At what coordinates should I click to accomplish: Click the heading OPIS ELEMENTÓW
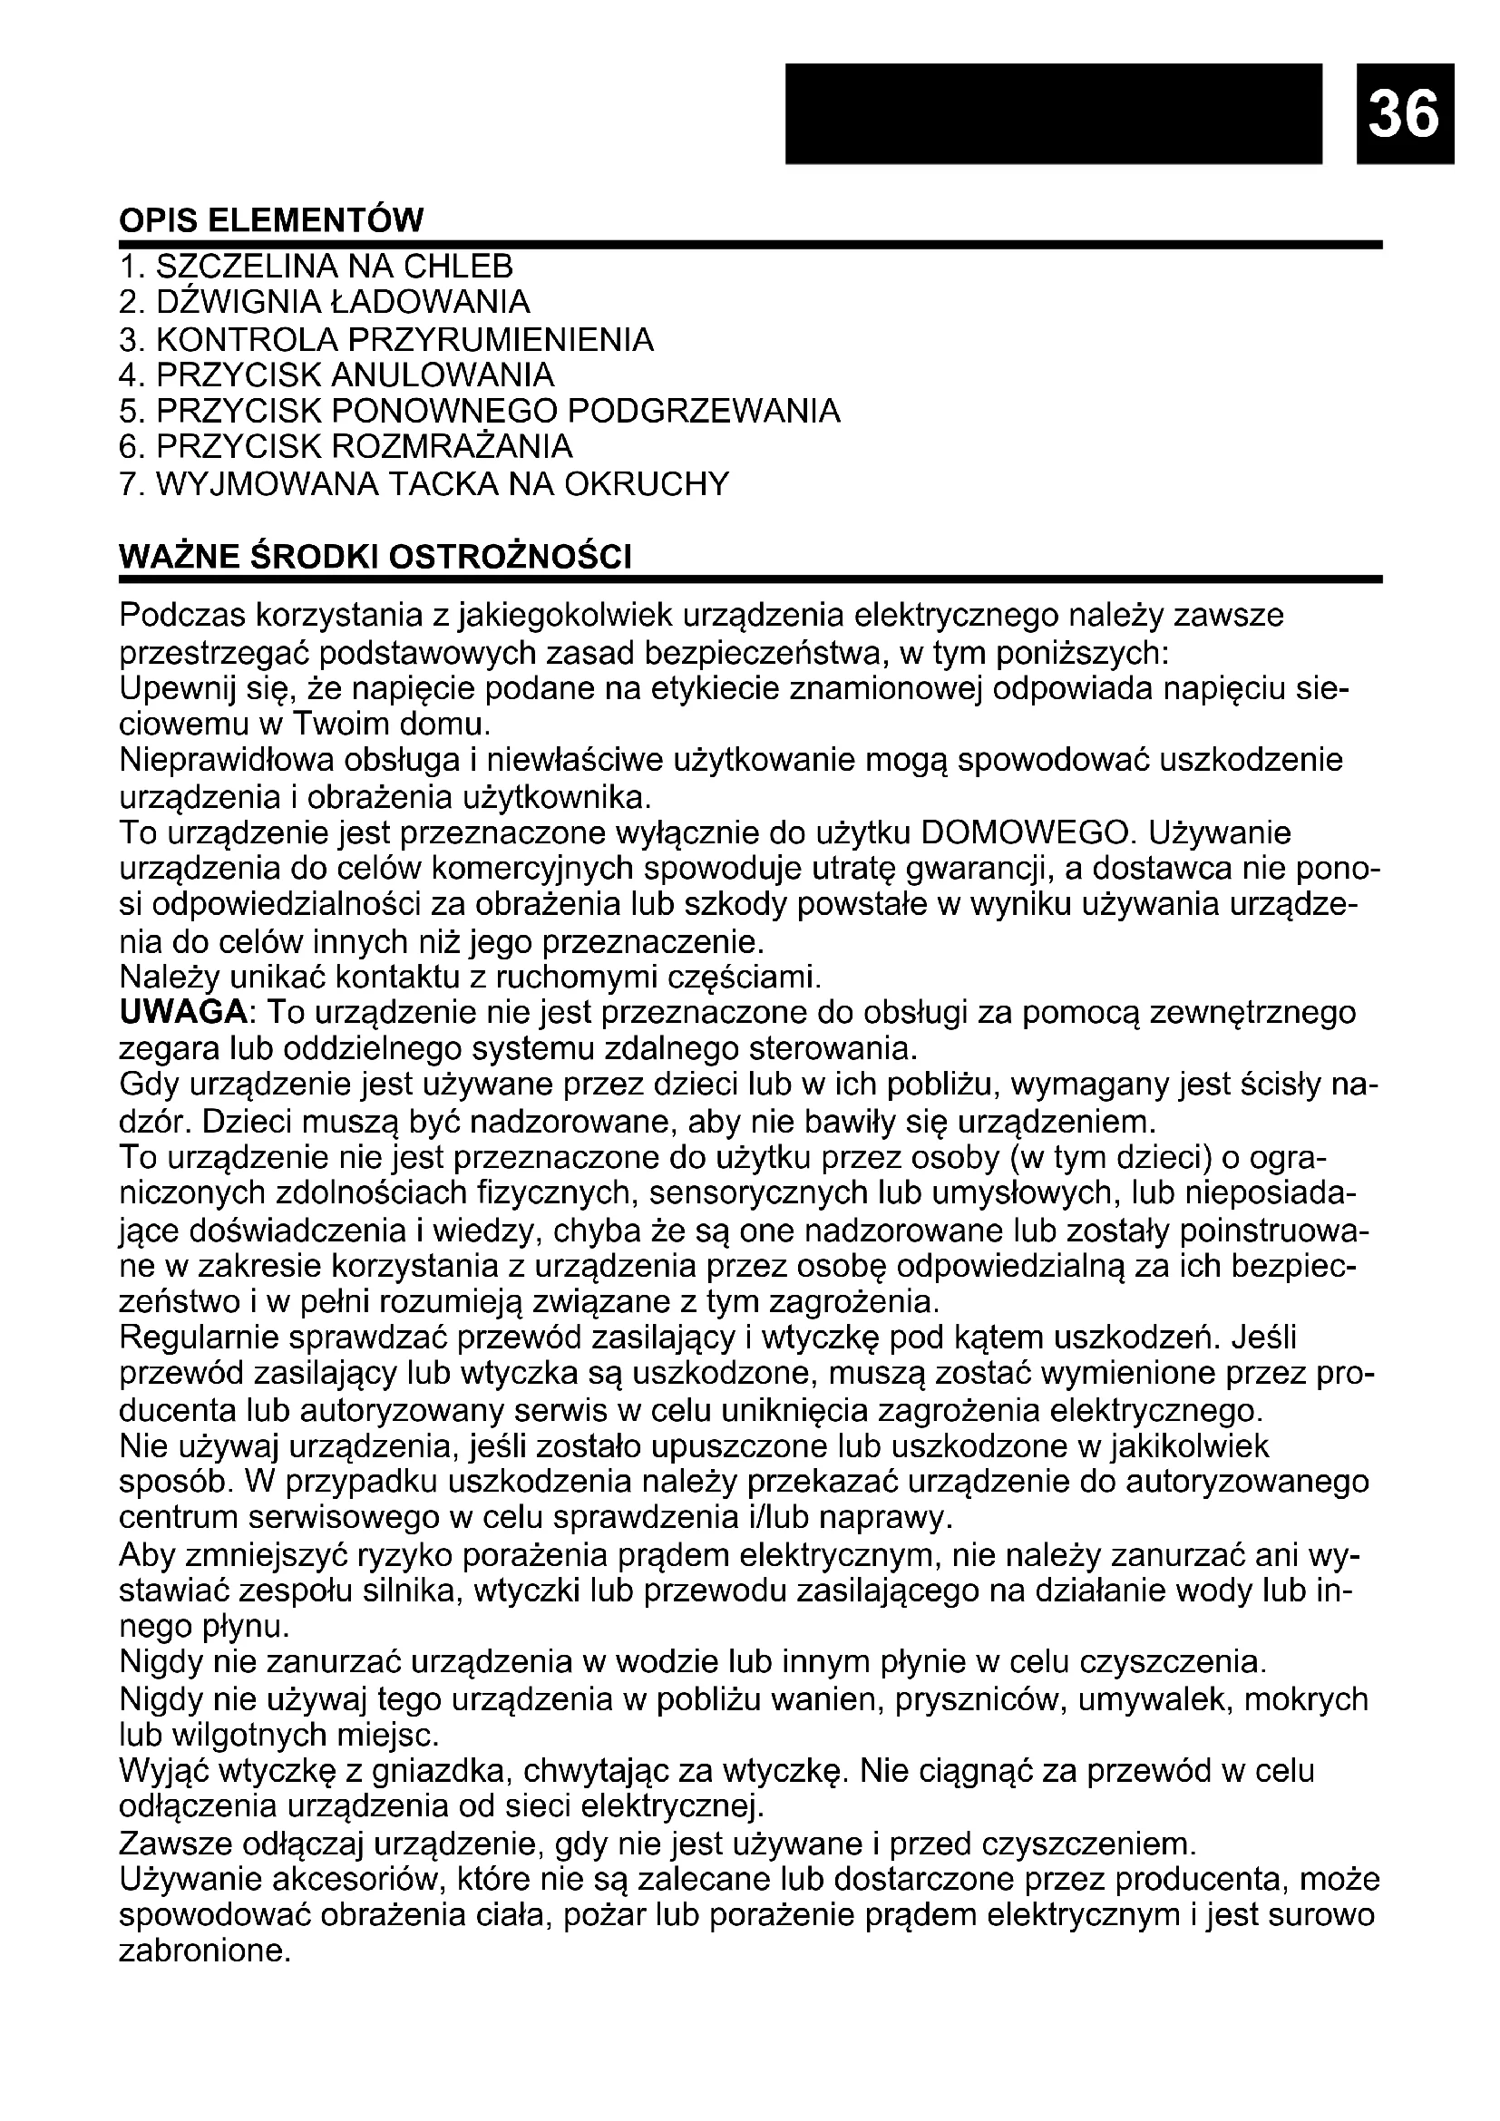[x=271, y=221]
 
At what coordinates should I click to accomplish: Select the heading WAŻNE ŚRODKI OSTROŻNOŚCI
[x=376, y=558]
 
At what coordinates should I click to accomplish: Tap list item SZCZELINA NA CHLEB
[x=316, y=267]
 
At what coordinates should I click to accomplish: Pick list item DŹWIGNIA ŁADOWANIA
[x=326, y=302]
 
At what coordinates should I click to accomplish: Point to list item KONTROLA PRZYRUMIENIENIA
[x=387, y=340]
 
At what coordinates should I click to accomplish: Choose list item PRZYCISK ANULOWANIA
[x=337, y=375]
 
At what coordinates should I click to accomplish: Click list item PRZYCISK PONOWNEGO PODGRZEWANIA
[x=481, y=411]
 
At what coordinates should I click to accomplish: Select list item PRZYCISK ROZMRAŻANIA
[x=346, y=447]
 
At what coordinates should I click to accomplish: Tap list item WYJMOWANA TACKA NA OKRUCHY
[x=424, y=484]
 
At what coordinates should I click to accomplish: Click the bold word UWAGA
[x=184, y=1014]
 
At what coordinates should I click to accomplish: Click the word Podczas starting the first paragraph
[x=181, y=615]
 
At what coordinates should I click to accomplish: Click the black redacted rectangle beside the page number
[x=1053, y=112]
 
